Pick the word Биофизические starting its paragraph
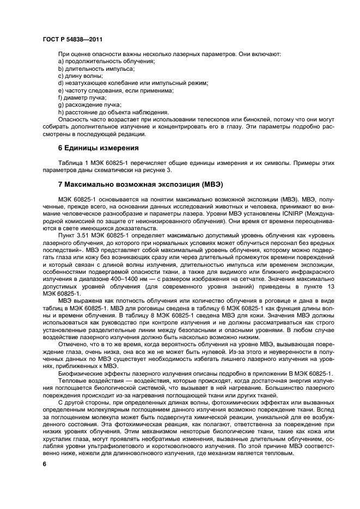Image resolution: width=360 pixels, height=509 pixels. click(x=81, y=372)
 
